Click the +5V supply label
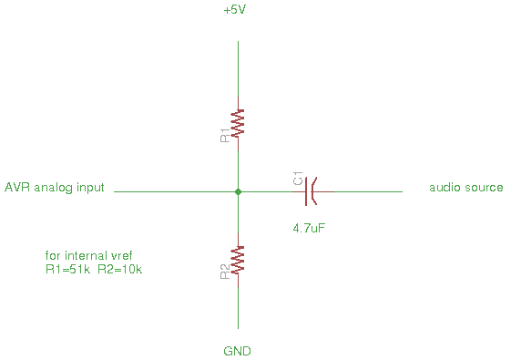(x=235, y=10)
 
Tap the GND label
(x=237, y=351)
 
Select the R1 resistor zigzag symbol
(x=238, y=123)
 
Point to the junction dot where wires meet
(x=239, y=191)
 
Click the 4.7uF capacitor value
(x=309, y=228)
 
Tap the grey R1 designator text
(x=225, y=136)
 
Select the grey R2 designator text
(x=225, y=272)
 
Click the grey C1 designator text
(x=298, y=179)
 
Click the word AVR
(x=17, y=187)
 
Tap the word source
(x=484, y=188)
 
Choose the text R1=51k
(x=67, y=269)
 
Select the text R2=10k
(x=120, y=269)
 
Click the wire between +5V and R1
(x=239, y=68)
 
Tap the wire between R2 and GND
(x=239, y=308)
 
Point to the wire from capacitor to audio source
(x=368, y=191)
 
